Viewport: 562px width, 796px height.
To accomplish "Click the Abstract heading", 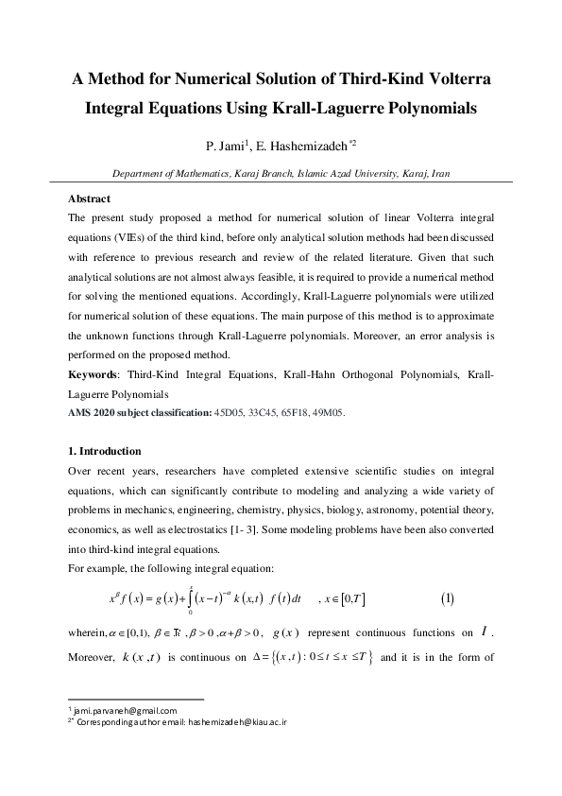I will click(x=90, y=199).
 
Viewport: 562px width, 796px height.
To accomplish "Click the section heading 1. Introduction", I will click(x=105, y=451).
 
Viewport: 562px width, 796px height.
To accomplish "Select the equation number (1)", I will click(x=448, y=598).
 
